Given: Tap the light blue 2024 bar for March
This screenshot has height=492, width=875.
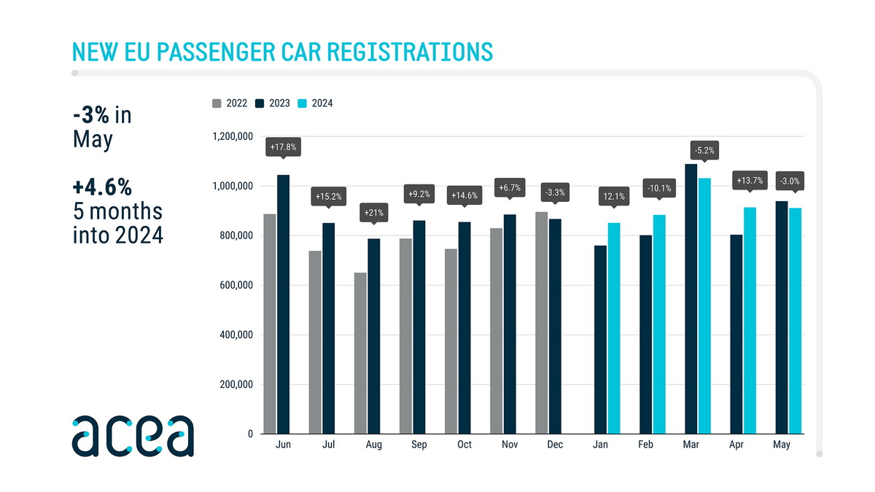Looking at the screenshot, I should [x=704, y=306].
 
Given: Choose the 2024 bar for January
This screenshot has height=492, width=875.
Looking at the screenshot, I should [x=614, y=328].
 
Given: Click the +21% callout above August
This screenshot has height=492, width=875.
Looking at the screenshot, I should [x=373, y=214].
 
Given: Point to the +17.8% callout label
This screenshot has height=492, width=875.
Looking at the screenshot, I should [x=282, y=147].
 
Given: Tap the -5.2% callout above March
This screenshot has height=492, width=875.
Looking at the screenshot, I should [x=704, y=151].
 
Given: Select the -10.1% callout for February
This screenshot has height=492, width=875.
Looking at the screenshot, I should [x=659, y=190].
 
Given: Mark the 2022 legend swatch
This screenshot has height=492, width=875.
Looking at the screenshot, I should [x=217, y=104].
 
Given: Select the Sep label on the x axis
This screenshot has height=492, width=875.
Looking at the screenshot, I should [x=419, y=445].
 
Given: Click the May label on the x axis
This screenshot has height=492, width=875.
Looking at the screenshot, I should [x=781, y=445].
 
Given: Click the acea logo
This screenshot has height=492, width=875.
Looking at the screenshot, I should [x=133, y=436].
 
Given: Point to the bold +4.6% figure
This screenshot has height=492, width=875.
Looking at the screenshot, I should [x=102, y=187].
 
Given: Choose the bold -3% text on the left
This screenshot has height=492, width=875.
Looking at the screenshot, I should [x=92, y=115].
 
